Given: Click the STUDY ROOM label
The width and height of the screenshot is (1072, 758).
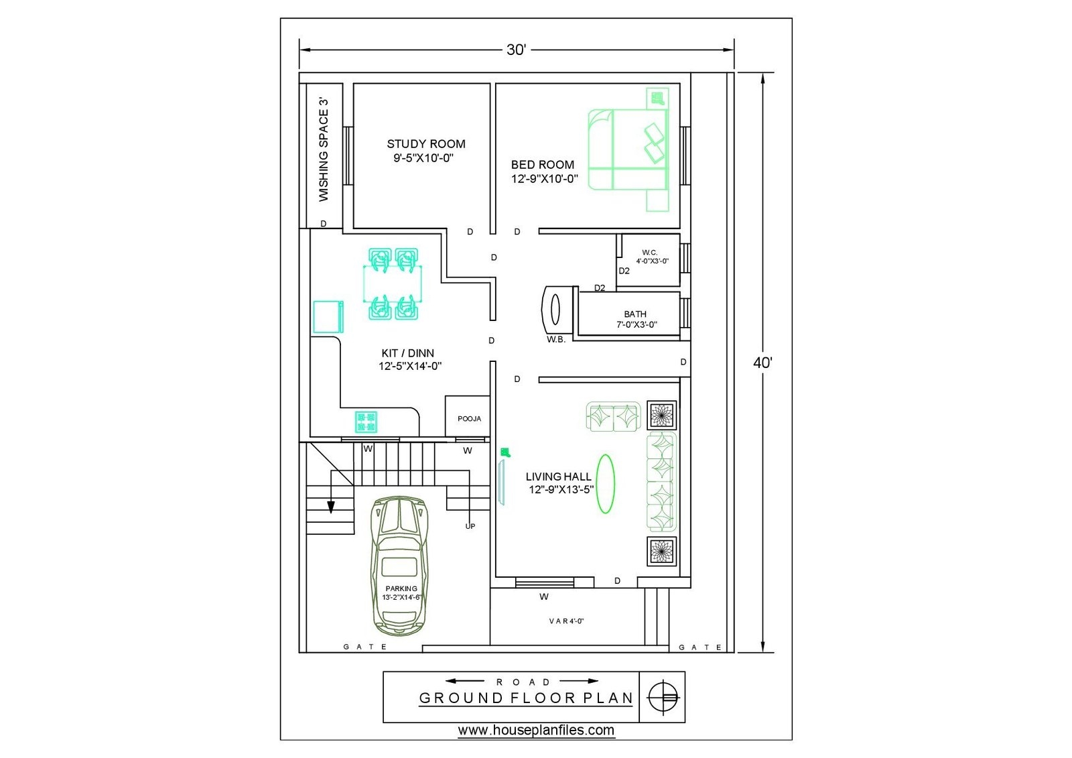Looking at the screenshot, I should pos(425,143).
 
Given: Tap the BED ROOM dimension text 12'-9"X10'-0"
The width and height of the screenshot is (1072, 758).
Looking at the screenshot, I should pos(544,179).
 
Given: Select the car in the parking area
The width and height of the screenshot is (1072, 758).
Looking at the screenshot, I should pos(399,566).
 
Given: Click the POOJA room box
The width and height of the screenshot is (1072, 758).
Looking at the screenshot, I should pos(468,418).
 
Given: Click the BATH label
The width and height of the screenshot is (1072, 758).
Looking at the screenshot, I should pos(635,314).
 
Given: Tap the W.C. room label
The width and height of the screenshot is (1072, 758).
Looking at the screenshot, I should pos(649,253).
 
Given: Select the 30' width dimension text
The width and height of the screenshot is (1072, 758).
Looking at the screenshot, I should pos(516,50).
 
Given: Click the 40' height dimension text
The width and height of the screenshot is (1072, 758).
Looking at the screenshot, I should pos(762,363).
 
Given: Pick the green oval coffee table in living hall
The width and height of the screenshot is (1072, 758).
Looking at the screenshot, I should pos(605,484).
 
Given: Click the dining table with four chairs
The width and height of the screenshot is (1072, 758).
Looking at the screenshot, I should pos(393,283).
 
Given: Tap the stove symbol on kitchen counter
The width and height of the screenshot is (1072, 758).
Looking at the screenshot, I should pos(366,422).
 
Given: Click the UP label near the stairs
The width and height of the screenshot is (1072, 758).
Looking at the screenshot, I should pos(470,526).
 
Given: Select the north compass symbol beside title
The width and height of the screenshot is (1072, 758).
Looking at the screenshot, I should pos(663,697).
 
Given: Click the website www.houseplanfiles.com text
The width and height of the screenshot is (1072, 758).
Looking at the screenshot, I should pos(536,730).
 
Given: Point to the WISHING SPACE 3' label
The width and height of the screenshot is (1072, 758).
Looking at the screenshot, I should pos(324,150).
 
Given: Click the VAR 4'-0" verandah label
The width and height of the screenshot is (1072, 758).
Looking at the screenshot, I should pos(566,621).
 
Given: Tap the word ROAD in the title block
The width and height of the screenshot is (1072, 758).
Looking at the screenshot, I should pos(523,682).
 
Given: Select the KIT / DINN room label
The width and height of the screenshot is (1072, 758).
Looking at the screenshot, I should pos(407,353).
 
